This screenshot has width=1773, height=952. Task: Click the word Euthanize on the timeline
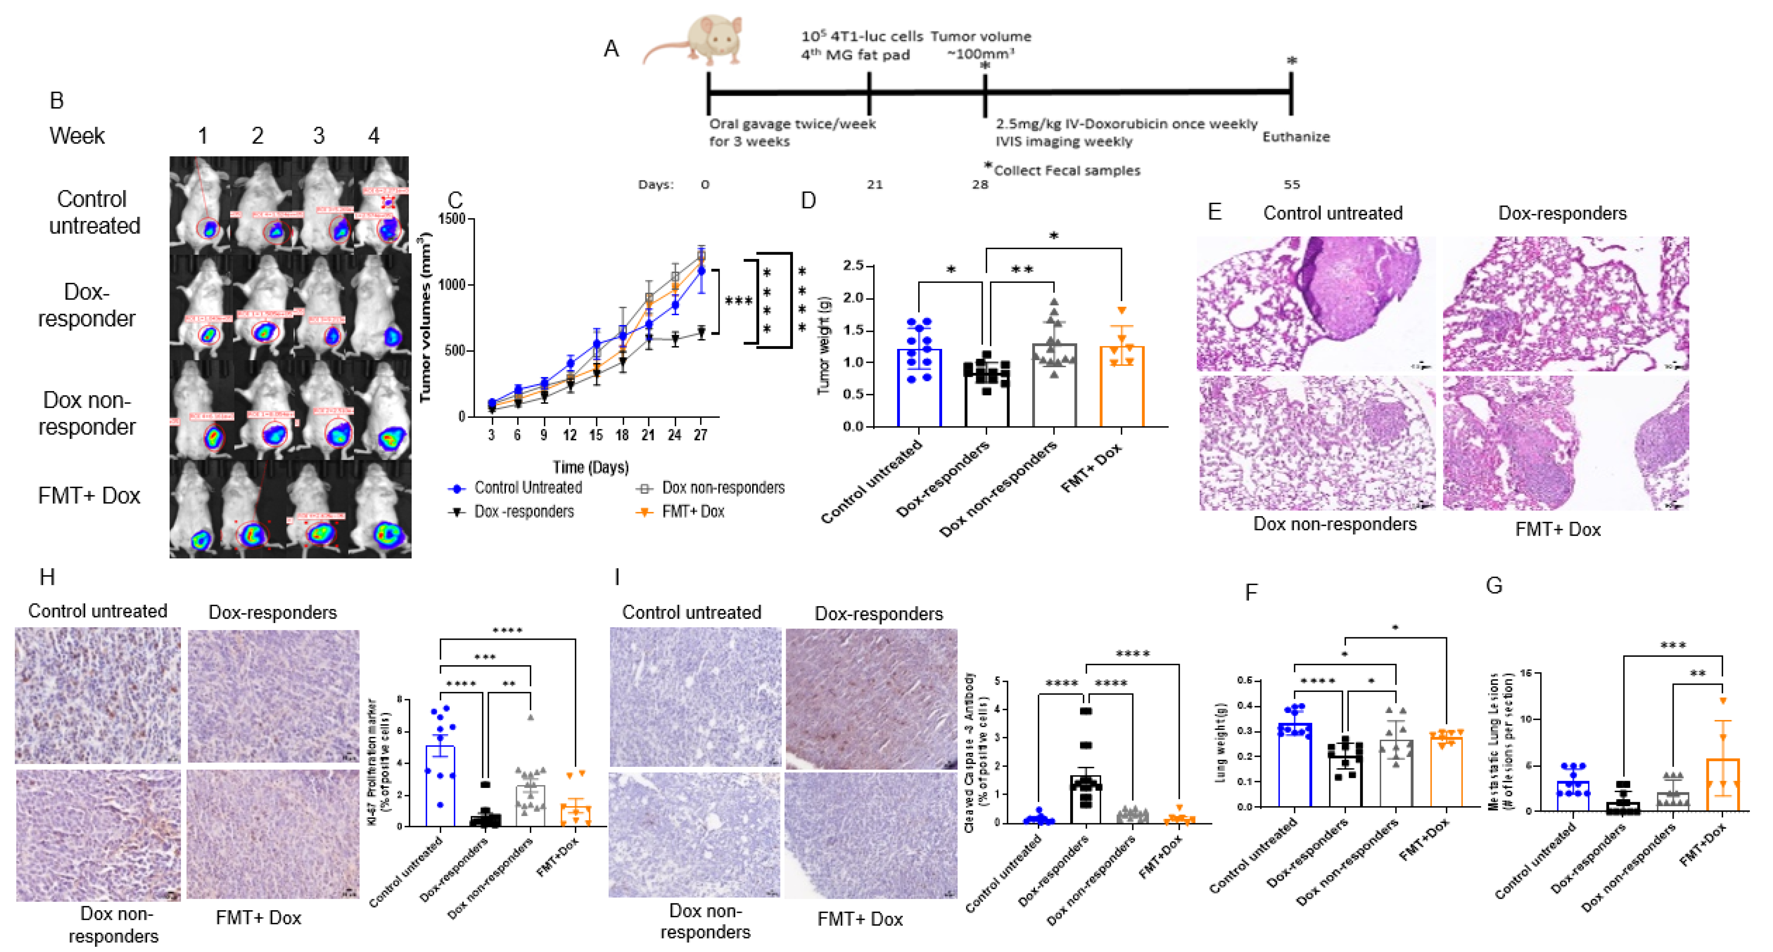1295,137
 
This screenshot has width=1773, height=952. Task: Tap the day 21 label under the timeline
874,184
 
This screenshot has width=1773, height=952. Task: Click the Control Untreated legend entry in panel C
527,488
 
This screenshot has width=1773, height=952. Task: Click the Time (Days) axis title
590,468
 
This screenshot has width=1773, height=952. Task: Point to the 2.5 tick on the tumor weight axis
854,266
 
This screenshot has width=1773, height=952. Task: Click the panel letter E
1215,212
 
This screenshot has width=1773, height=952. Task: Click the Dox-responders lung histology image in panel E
1565,304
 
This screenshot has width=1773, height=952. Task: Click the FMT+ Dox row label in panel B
89,496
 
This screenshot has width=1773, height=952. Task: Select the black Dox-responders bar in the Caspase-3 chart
1085,800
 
